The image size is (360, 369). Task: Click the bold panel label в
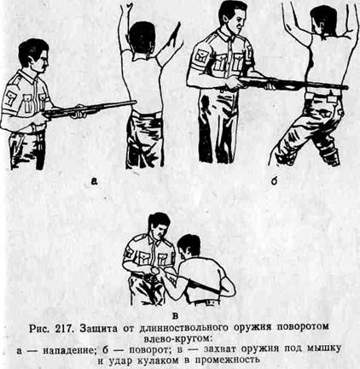coord(176,315)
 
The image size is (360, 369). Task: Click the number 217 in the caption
coord(64,328)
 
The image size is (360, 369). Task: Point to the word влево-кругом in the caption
coord(177,339)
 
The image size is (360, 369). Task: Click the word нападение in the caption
coord(68,349)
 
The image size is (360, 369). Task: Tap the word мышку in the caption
coord(324,348)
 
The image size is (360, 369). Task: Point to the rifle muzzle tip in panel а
coord(136,102)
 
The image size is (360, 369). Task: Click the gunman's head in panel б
coord(232,17)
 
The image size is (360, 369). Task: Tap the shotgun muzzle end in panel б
coord(345,87)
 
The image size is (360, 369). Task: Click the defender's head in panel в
coord(188,247)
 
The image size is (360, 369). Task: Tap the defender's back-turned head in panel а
coord(142,39)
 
